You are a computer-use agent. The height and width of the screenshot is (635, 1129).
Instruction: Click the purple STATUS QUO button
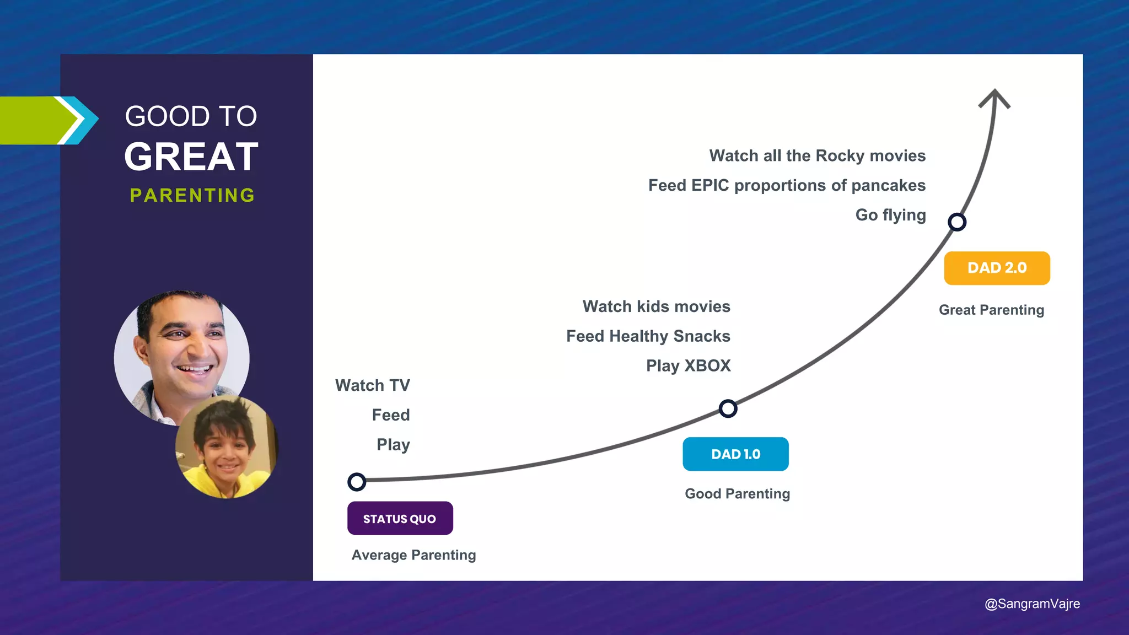pyautogui.click(x=400, y=518)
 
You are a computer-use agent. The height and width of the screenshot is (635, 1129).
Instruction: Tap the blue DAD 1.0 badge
pyautogui.click(x=735, y=454)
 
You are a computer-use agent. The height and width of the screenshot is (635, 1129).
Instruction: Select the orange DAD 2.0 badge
pyautogui.click(x=997, y=268)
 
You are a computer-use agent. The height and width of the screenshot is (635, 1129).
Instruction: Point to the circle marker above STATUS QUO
pyautogui.click(x=357, y=482)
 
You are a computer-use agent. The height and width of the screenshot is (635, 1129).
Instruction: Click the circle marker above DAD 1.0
pyautogui.click(x=728, y=408)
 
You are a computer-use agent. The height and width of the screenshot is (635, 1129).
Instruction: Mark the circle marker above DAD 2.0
pyautogui.click(x=957, y=222)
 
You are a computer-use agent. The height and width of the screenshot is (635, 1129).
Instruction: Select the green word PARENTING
pyautogui.click(x=192, y=195)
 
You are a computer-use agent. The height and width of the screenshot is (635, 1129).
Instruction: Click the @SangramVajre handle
pyautogui.click(x=1032, y=604)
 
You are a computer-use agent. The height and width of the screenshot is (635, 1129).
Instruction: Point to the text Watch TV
pyautogui.click(x=373, y=385)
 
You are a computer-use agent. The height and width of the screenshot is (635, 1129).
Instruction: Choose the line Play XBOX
pyautogui.click(x=688, y=365)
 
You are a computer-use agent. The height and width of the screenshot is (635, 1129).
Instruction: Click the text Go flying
pyautogui.click(x=890, y=215)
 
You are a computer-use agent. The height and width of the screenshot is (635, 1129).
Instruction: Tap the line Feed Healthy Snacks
pyautogui.click(x=648, y=336)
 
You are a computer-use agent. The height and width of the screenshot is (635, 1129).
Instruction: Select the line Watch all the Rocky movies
pyautogui.click(x=817, y=155)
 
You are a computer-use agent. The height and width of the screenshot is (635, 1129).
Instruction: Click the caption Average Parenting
pyautogui.click(x=413, y=555)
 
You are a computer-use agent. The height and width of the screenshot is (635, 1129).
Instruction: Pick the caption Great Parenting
pyautogui.click(x=991, y=310)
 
